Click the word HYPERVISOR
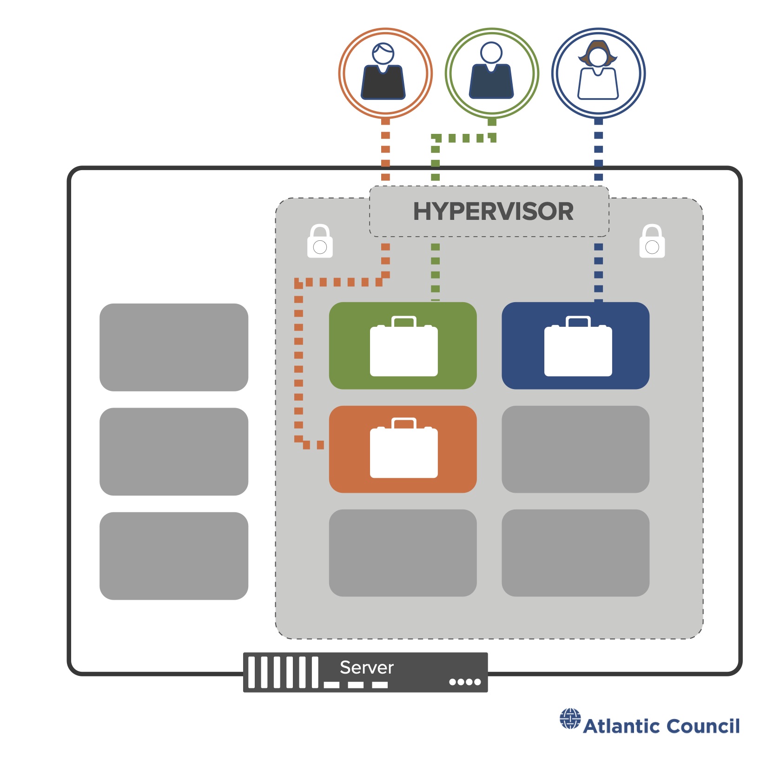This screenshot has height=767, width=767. click(493, 212)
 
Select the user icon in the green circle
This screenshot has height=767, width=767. click(491, 72)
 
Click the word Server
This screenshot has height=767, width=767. click(366, 668)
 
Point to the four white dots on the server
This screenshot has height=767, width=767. click(465, 682)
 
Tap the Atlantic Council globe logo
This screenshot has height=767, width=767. click(570, 719)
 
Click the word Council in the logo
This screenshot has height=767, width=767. click(703, 726)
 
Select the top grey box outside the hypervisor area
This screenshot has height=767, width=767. click(174, 347)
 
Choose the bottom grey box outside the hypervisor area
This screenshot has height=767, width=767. click(174, 556)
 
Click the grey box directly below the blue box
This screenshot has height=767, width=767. click(575, 450)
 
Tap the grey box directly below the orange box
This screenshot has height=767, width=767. click(403, 553)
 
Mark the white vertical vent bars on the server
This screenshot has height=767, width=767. click(283, 672)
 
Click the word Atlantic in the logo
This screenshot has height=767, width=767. click(622, 726)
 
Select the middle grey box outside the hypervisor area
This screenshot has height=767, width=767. click(174, 451)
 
